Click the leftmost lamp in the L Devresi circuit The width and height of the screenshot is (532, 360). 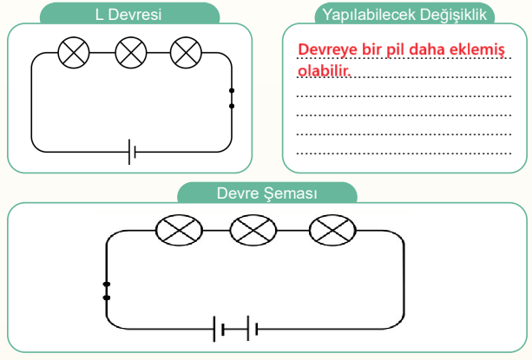pyautogui.click(x=74, y=53)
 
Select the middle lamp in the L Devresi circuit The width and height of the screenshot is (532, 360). pyautogui.click(x=131, y=53)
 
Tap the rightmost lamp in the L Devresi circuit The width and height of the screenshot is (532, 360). pyautogui.click(x=186, y=53)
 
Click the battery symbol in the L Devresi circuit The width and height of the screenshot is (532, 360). pyautogui.click(x=132, y=152)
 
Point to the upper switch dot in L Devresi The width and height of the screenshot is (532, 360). pyautogui.click(x=232, y=90)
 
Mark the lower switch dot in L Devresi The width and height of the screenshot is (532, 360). pyautogui.click(x=232, y=106)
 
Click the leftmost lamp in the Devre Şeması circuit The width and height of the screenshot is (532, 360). pyautogui.click(x=179, y=230)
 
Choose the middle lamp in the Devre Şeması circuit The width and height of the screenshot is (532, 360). pyautogui.click(x=253, y=230)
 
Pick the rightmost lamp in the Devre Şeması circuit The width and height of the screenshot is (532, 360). pyautogui.click(x=332, y=230)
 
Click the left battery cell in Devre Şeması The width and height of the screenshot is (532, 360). pyautogui.click(x=219, y=329)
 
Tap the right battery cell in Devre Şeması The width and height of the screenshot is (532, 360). pyautogui.click(x=253, y=329)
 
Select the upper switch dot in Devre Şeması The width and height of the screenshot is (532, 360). pyautogui.click(x=107, y=284)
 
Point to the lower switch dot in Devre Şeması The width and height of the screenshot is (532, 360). pyautogui.click(x=107, y=298)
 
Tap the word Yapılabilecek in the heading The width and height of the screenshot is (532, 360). pyautogui.click(x=369, y=15)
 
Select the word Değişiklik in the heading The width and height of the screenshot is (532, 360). pyautogui.click(x=453, y=15)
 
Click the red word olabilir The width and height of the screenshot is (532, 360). pyautogui.click(x=324, y=70)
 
